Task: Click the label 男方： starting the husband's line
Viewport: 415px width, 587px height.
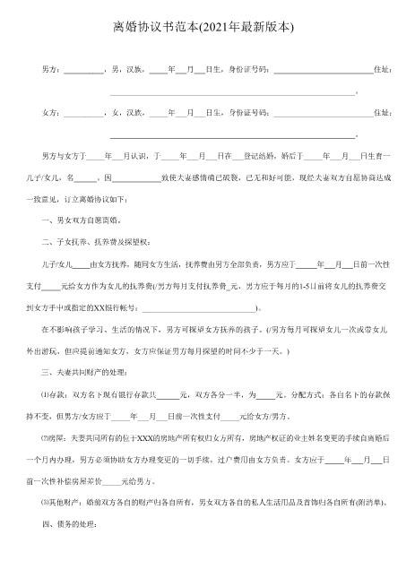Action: click(53, 69)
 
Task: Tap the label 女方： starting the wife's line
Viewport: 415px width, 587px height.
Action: click(53, 114)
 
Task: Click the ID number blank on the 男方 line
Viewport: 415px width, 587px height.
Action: click(323, 70)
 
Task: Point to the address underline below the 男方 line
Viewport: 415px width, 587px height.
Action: click(233, 92)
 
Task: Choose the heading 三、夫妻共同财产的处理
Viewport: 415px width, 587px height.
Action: click(91, 370)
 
